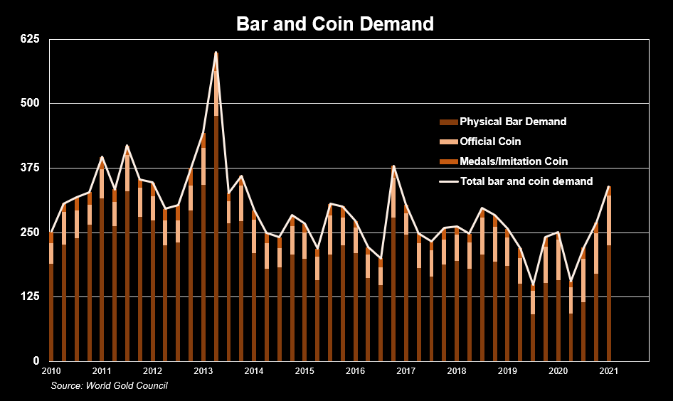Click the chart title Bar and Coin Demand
(335, 24)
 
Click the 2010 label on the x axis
(51, 371)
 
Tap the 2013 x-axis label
(203, 371)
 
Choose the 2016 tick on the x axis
(355, 371)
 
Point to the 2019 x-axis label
(507, 371)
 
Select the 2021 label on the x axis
(609, 371)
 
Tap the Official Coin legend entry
(490, 141)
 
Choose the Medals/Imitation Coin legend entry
(514, 161)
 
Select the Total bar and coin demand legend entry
(526, 181)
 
